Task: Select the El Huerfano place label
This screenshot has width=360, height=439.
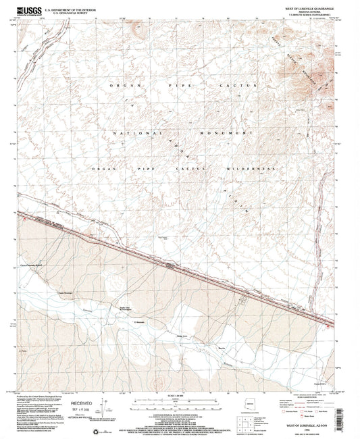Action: click(139, 321)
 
